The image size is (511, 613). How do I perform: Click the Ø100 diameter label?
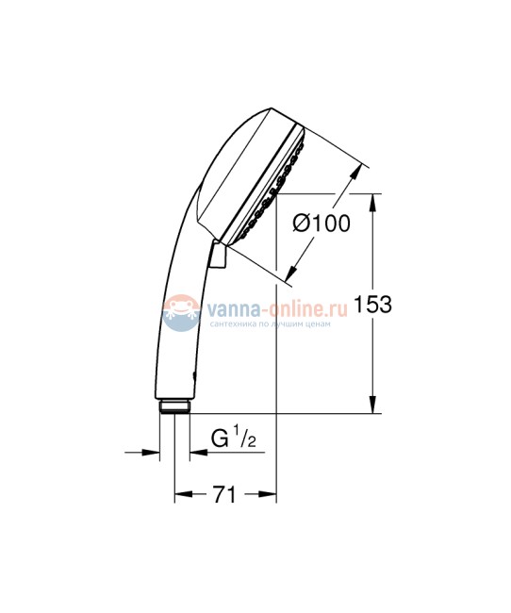(321, 224)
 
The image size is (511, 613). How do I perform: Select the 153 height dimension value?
(371, 305)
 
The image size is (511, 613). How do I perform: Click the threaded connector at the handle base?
(174, 407)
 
